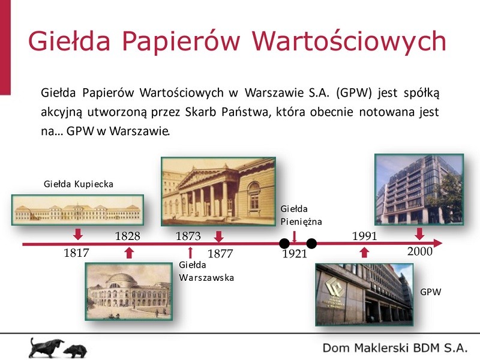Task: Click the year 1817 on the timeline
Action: coord(76,253)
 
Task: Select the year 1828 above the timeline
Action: coord(128,236)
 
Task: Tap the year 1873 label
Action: coord(188,236)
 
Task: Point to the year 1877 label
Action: coord(220,253)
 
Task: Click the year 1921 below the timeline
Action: coord(295,254)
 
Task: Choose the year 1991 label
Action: coord(365,236)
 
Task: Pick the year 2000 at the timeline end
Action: coord(419,251)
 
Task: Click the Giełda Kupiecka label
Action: coord(79,184)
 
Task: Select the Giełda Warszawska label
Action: coord(206,271)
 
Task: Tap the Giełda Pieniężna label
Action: coord(301,215)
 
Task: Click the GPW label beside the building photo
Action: coord(431,292)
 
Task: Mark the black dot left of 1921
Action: coord(284,244)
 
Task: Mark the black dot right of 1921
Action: coord(311,244)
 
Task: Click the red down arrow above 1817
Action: coord(78,234)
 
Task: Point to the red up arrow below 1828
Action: coord(130,253)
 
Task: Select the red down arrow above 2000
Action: coord(419,234)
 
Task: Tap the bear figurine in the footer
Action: coord(76,351)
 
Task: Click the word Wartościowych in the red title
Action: coord(349,41)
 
